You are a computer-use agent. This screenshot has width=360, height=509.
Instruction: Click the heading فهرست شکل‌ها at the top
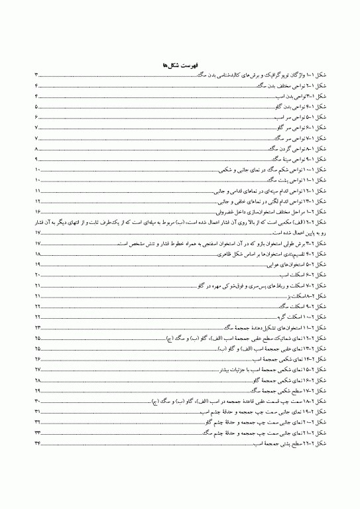[x=180, y=66]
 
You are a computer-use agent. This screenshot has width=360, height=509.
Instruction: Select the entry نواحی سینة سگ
[x=288, y=160]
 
